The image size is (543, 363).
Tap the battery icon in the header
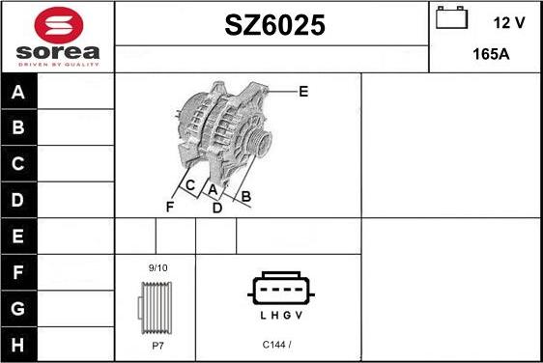[451, 19]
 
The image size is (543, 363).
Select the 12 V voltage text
[508, 21]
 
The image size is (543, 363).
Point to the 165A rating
[491, 54]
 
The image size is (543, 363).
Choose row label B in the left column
[18, 128]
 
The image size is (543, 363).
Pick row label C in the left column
[18, 164]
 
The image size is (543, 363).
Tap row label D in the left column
[18, 200]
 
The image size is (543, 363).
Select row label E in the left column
[18, 236]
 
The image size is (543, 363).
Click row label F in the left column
[18, 271]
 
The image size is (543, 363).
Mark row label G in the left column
[18, 307]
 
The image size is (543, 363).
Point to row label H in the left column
[18, 343]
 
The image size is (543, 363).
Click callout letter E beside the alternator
[303, 92]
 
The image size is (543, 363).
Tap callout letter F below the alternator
[170, 206]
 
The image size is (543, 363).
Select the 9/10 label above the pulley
[156, 267]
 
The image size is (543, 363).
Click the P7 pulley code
[156, 345]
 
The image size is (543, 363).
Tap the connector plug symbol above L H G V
[281, 289]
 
